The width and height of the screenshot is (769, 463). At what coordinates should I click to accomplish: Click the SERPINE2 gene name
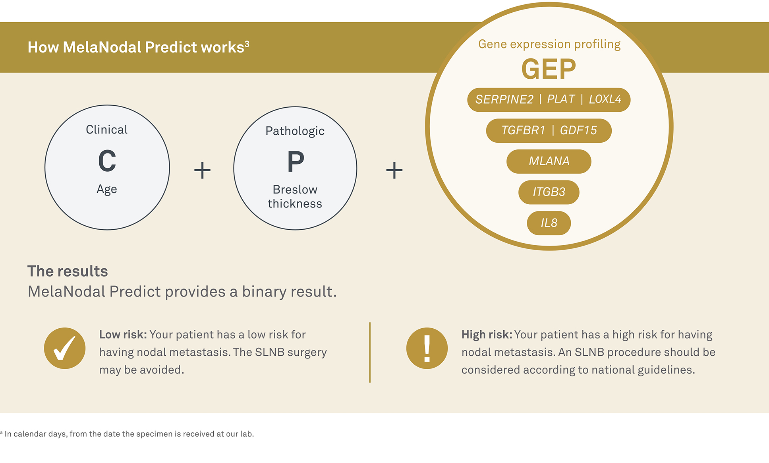(504, 99)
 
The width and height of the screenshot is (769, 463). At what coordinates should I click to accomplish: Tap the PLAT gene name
(561, 99)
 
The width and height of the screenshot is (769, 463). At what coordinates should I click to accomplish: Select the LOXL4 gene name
(605, 99)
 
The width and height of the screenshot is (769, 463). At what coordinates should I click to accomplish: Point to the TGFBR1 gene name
(523, 130)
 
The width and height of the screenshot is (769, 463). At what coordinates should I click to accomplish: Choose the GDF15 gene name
(578, 130)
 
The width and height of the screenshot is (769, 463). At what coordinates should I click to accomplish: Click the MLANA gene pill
(549, 161)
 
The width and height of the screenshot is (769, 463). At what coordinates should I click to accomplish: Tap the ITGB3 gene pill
(549, 192)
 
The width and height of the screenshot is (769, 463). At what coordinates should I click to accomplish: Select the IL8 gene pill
(549, 223)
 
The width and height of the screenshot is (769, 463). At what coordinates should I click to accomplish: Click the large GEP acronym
(549, 69)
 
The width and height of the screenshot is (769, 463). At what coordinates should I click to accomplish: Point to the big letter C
(107, 161)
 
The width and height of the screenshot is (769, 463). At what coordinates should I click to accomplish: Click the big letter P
(296, 162)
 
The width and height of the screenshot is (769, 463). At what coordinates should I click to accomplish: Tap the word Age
(107, 189)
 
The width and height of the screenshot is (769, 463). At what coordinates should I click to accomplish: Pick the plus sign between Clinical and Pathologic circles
(202, 170)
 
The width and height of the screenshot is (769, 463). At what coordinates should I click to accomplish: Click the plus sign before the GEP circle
(394, 170)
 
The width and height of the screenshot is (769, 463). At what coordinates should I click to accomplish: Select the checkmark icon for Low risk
(65, 348)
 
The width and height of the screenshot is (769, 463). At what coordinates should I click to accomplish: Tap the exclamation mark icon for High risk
(427, 348)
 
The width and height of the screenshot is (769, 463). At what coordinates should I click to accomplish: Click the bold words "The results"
(68, 271)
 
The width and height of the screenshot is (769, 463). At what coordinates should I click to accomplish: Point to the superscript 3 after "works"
(247, 43)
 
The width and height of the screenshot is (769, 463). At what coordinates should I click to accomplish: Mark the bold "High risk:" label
(487, 335)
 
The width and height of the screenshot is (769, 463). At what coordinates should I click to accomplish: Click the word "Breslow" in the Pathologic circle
(295, 190)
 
